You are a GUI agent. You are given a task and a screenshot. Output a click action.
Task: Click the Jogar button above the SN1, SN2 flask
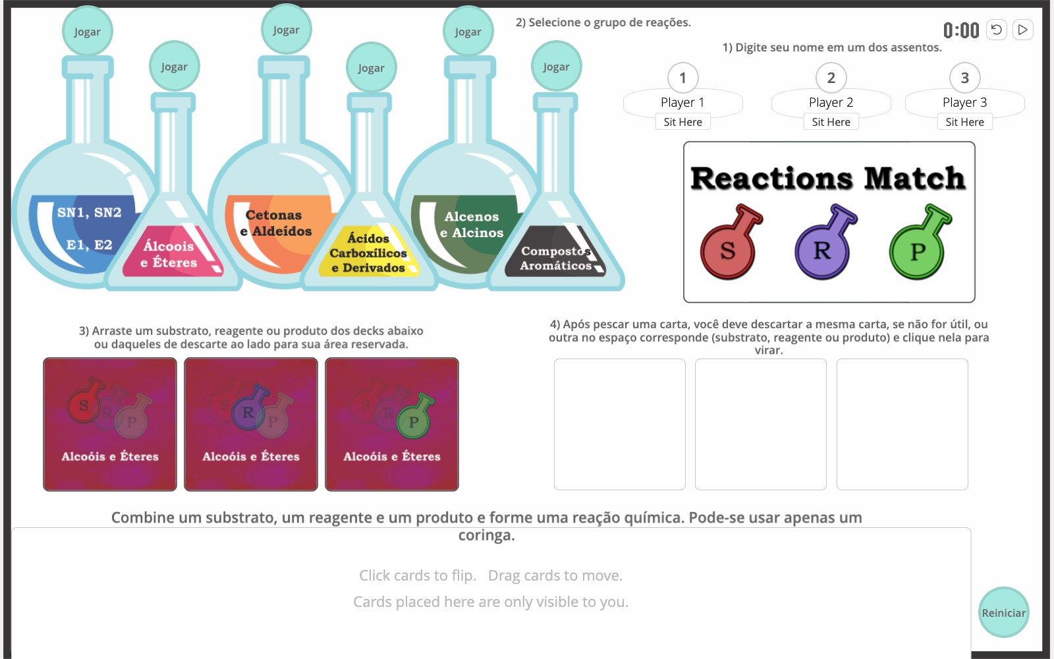[x=87, y=32]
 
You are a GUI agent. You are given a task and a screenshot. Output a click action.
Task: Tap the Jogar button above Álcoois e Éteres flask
[x=174, y=67]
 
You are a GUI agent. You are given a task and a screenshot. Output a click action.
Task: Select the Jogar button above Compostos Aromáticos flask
[x=556, y=67]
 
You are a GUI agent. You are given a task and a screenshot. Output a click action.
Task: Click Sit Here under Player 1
[x=682, y=122]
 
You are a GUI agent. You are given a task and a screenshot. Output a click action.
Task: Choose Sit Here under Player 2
[x=831, y=122]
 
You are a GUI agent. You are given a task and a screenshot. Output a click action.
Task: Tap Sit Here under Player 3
[x=964, y=122]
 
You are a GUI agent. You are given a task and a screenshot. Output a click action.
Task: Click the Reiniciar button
[x=1003, y=612]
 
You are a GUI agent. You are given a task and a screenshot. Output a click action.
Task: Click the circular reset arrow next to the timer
[x=996, y=30]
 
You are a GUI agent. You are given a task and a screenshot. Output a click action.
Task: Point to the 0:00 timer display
[x=961, y=30]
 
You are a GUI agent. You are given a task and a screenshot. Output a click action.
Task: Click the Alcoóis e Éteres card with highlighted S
[x=110, y=424]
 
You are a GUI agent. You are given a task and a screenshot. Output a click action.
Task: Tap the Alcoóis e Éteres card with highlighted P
[x=392, y=424]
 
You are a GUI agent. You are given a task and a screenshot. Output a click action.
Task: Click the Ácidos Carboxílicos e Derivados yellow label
[x=368, y=254]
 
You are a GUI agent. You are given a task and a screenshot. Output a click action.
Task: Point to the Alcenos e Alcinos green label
[x=472, y=225]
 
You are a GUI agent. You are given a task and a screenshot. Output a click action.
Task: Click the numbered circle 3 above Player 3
[x=964, y=78]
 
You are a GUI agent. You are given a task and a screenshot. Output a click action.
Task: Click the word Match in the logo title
[x=914, y=179]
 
